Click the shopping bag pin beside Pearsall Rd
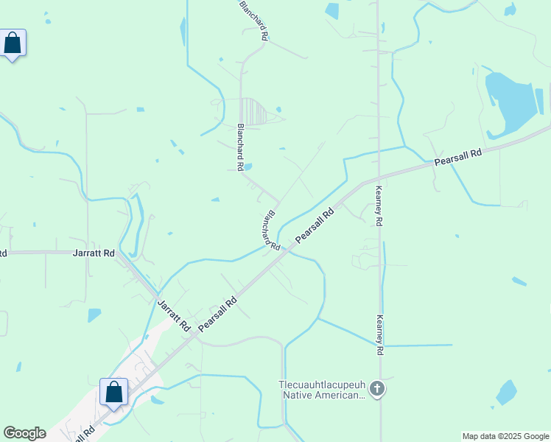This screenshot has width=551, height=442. point(113,391)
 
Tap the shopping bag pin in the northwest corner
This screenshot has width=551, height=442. point(13,43)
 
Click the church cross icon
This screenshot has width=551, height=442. point(376,388)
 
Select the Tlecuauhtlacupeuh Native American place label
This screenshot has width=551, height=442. point(321,390)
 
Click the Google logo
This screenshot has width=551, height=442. point(24,433)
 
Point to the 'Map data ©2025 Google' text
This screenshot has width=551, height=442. point(505,436)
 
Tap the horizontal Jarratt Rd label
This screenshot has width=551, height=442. point(94,253)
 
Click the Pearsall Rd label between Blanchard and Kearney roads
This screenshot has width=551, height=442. point(315,226)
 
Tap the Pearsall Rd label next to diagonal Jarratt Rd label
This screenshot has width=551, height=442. point(218,312)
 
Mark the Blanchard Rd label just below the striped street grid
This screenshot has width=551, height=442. point(240,147)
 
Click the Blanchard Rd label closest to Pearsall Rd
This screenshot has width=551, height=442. point(271,231)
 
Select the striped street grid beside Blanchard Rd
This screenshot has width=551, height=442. point(256,112)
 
